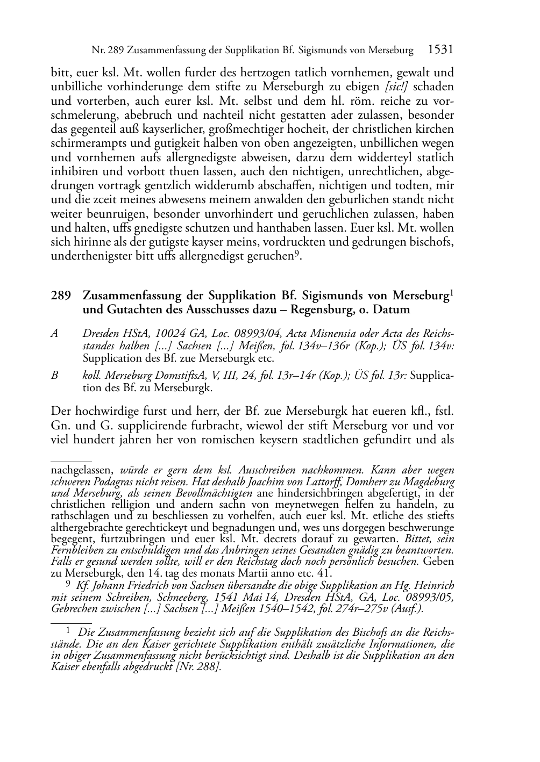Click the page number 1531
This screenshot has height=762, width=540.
[x=440, y=50]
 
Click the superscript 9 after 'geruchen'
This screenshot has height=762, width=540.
[x=296, y=253]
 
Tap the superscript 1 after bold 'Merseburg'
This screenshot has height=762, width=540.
[x=452, y=293]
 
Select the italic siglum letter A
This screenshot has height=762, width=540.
[x=54, y=333]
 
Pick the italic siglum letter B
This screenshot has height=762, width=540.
[x=54, y=376]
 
